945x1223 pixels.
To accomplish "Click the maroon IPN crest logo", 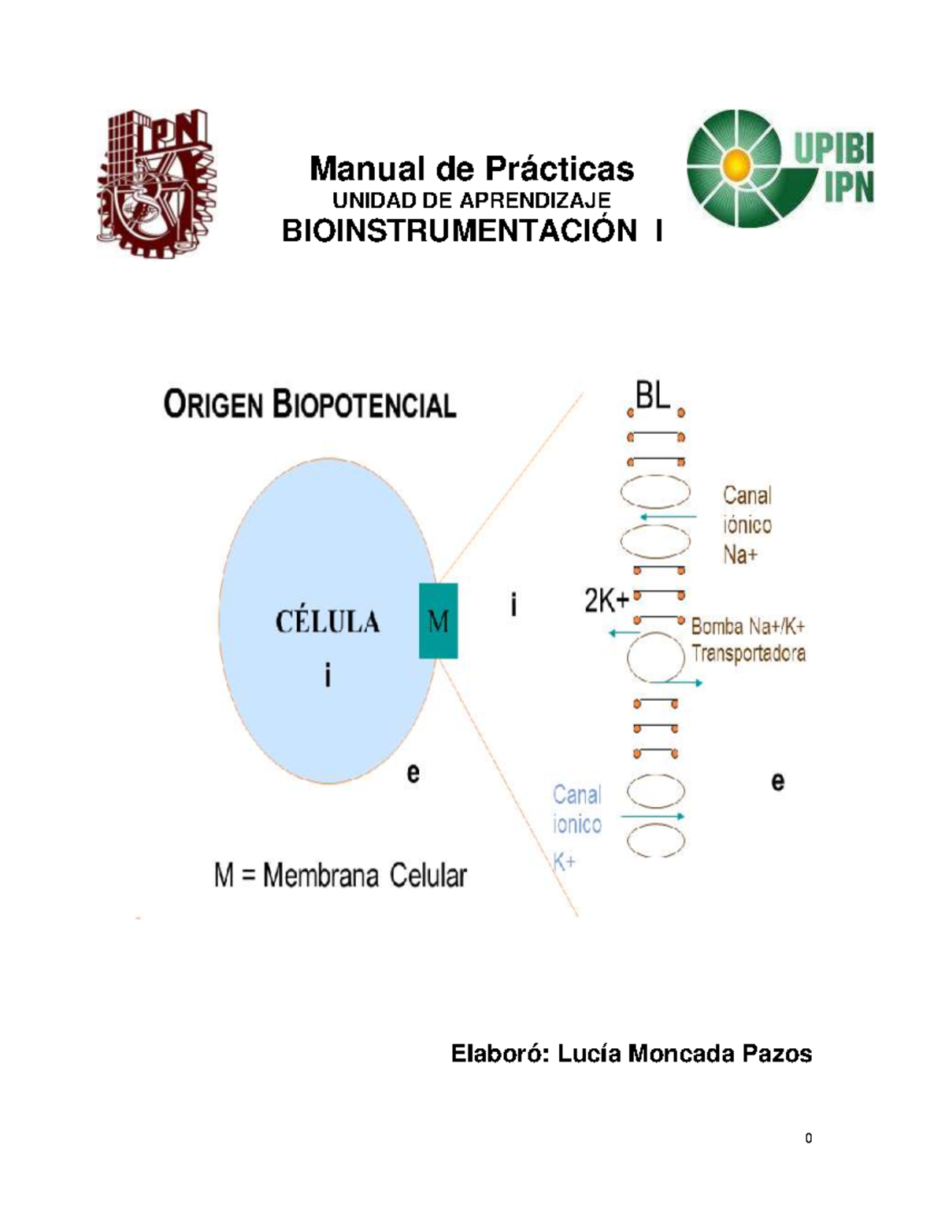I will coord(154,183).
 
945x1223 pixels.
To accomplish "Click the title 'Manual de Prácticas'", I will coord(472,169).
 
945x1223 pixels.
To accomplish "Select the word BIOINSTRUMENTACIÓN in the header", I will coord(460,232).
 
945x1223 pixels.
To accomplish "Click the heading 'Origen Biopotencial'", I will coord(310,406).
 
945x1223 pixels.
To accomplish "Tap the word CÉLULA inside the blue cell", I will coord(328,622).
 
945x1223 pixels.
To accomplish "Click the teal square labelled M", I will coord(438,621).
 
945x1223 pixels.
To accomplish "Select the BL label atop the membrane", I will coord(652,396).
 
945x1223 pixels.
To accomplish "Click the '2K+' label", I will coord(606,602).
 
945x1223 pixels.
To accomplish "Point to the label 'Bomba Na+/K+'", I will coord(747,627).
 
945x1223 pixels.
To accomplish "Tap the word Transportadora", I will coord(748,654).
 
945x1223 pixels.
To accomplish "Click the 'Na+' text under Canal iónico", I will coord(740,555).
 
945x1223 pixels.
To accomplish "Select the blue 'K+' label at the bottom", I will coord(564,862).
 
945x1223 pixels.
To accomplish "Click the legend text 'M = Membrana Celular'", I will coord(340,876).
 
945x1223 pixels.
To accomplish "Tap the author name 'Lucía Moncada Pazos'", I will coord(684,1054).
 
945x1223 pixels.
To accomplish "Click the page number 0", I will coord(808,1138).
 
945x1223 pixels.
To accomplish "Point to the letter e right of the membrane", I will coord(777,782).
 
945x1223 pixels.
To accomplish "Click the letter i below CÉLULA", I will coord(328,676).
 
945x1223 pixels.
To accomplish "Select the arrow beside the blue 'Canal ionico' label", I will coord(653,817).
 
